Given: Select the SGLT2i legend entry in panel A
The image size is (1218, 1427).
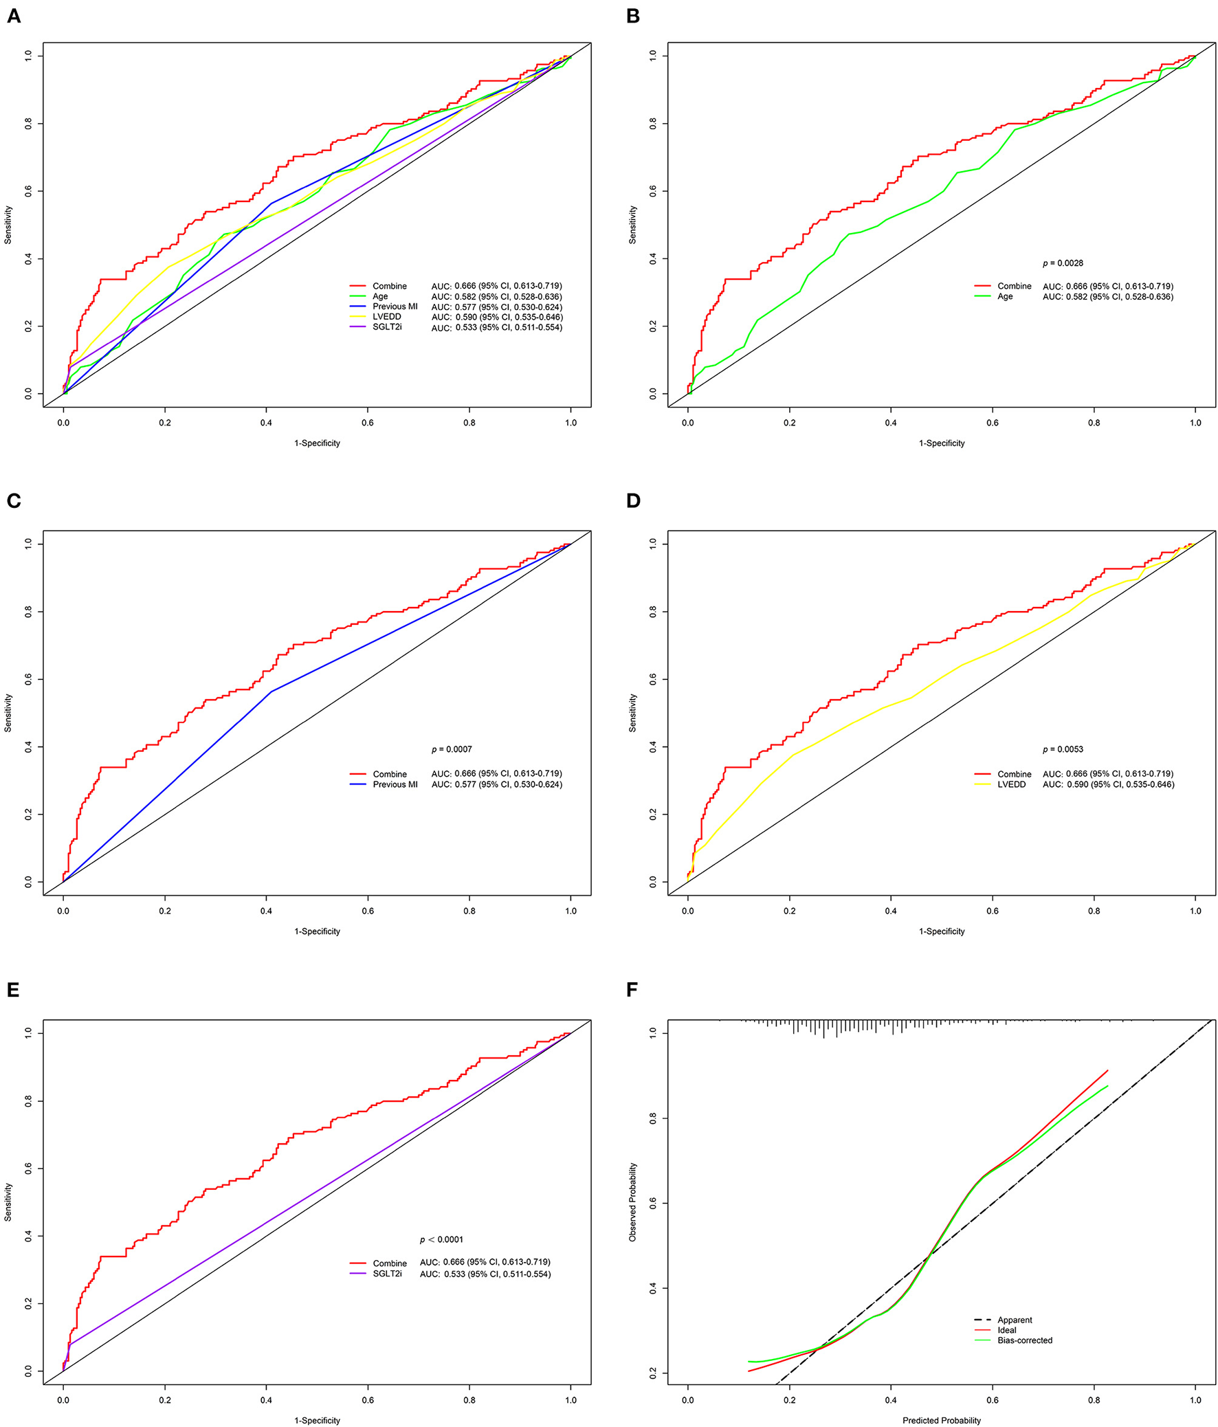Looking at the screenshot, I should pos(386,327).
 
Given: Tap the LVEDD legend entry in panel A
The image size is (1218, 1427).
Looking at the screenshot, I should pos(386,317).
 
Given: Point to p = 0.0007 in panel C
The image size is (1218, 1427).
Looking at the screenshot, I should pos(452,749).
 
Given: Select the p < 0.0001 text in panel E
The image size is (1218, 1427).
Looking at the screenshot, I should pos(441,1239).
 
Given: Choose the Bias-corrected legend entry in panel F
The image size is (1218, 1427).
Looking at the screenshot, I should pos(1025,1340).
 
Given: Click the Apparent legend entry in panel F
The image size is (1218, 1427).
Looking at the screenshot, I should pos(1014,1320).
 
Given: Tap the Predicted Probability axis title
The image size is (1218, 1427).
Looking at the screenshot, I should pos(941,1420).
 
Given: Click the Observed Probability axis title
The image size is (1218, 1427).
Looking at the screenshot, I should pos(633,1202).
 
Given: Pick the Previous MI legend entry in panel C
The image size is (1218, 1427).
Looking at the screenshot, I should pos(395,784).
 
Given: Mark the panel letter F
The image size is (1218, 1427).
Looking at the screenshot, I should pos(633,990).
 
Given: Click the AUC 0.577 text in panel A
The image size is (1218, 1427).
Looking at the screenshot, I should pos(496,307).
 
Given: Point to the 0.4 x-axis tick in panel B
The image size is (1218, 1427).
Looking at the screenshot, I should pos(890,423).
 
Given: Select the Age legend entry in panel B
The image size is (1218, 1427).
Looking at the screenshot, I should pos(1004,296).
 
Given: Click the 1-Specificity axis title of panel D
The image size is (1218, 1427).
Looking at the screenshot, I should pos(941,931).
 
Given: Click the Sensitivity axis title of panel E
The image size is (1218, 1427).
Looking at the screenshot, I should pos(8,1202).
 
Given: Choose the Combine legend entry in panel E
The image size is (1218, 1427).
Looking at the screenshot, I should pos(389,1263).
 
